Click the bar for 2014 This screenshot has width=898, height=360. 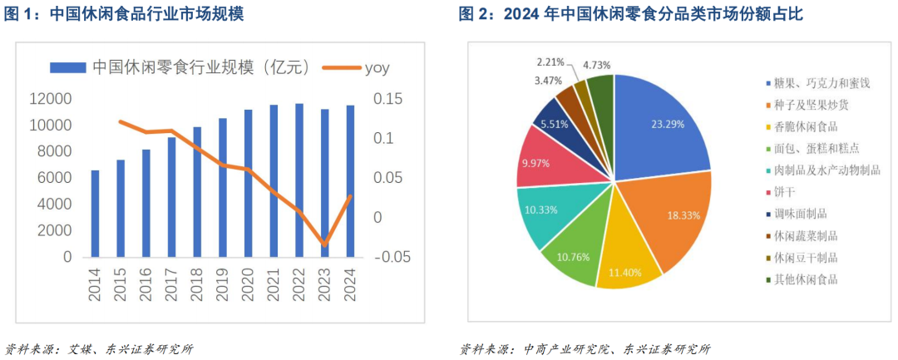pyautogui.click(x=95, y=214)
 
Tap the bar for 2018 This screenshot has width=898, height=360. pyautogui.click(x=197, y=192)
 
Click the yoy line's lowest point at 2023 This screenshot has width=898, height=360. pyautogui.click(x=324, y=244)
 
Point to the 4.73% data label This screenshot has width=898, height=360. pyautogui.click(x=599, y=64)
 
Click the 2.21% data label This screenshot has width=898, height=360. pyautogui.click(x=551, y=62)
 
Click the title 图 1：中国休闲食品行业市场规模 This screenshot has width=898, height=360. pyautogui.click(x=124, y=13)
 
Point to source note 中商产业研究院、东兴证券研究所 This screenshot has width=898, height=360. pyautogui.click(x=616, y=348)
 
